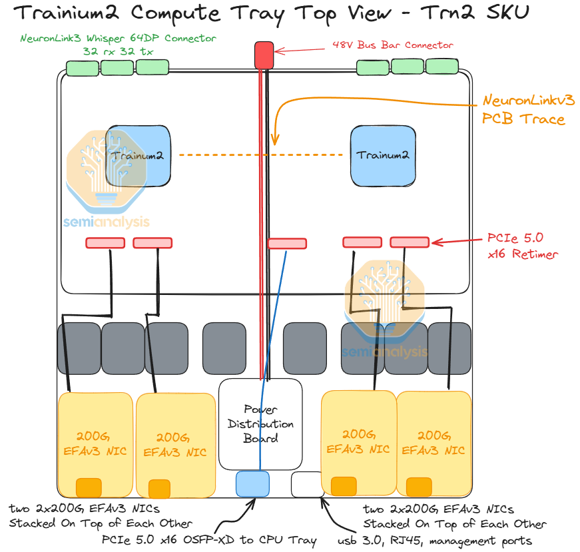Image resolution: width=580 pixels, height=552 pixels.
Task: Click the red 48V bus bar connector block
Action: pos(264,55)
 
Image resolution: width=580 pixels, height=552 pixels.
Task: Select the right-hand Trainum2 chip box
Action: pos(383,155)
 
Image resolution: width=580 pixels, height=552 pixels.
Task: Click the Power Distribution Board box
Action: pos(260,423)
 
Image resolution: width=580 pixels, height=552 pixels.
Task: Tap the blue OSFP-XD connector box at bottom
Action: pos(252,483)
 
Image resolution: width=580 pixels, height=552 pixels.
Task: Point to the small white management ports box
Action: pos(307,484)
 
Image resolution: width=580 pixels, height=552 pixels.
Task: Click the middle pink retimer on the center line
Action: pos(287,244)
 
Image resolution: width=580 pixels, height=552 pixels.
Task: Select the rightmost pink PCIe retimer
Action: pos(410,242)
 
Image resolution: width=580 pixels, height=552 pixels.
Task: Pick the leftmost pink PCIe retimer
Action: pos(105,243)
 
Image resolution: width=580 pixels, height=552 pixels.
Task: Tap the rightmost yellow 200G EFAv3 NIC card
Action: pos(434,443)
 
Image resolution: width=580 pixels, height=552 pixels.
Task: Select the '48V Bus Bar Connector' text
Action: pos(392,45)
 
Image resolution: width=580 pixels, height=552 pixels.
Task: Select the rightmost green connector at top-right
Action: pos(441,67)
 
